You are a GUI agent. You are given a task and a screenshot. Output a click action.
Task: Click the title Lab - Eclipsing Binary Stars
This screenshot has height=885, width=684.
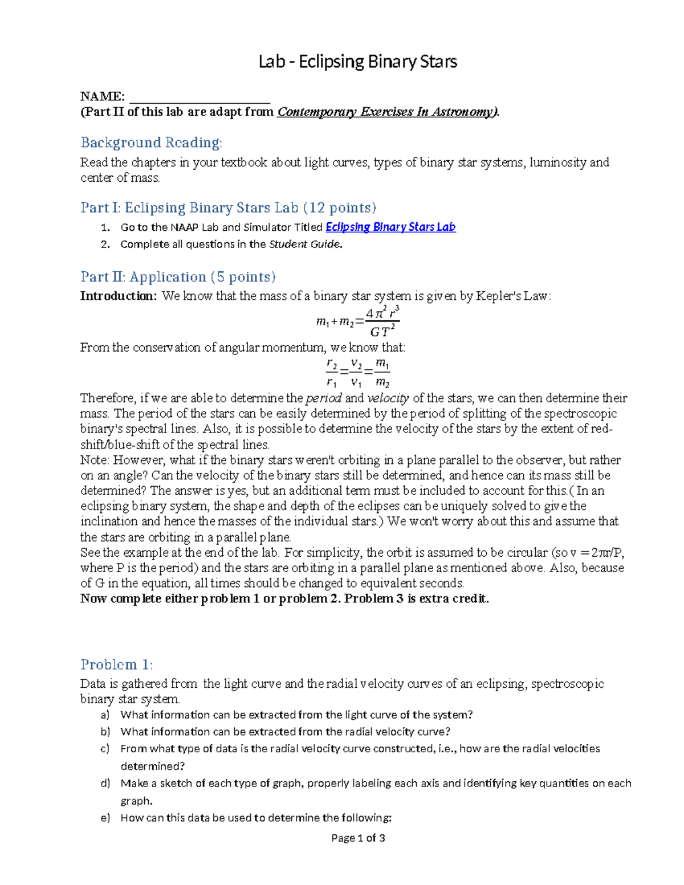click(x=357, y=62)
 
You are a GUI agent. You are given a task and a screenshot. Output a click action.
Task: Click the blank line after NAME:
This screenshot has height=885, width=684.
click(x=199, y=97)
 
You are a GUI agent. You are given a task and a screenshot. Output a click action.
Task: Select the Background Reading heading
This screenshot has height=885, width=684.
click(x=151, y=142)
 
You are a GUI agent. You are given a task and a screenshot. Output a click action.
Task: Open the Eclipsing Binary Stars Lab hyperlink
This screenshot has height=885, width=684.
click(x=390, y=227)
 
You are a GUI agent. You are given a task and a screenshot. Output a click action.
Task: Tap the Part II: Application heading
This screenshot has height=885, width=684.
click(x=178, y=277)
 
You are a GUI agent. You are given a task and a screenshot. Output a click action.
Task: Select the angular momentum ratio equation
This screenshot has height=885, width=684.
click(x=357, y=373)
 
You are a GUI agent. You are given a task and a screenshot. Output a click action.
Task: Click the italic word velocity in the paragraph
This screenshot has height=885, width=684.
click(x=388, y=398)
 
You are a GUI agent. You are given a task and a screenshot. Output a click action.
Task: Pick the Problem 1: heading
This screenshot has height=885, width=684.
click(x=116, y=664)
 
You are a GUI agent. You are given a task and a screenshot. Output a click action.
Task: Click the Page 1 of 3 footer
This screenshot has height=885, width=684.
click(x=358, y=838)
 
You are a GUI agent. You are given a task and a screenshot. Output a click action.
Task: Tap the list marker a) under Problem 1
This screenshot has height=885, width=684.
click(x=105, y=715)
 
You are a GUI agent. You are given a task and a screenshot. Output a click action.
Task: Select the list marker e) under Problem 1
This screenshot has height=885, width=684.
click(x=105, y=818)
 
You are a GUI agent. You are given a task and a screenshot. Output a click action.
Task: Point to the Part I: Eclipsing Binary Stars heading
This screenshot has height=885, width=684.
click(x=228, y=207)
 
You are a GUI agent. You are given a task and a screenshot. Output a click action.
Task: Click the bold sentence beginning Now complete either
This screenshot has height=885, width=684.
click(x=284, y=598)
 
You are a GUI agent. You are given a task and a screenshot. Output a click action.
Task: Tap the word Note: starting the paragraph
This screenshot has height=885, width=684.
click(x=95, y=460)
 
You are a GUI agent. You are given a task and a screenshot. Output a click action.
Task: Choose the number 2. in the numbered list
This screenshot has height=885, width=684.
click(x=105, y=245)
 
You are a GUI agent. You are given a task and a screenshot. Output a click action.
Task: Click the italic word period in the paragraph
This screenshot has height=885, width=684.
click(x=324, y=398)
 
